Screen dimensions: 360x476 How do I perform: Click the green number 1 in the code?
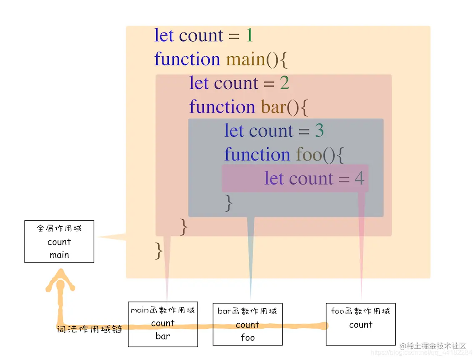point(249,35)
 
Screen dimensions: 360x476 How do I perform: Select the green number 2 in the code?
point(284,83)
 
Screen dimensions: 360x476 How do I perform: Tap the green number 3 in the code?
point(319,131)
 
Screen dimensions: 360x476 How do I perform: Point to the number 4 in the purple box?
point(359,179)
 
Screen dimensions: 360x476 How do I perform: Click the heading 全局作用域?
point(59,228)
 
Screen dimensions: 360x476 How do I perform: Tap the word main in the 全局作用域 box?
point(59,255)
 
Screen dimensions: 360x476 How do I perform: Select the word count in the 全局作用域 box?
point(59,242)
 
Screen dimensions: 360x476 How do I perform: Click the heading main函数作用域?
point(163,310)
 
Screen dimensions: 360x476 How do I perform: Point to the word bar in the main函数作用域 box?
point(163,336)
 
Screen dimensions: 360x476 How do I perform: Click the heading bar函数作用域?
point(247,311)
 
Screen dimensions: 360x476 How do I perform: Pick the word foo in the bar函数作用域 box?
point(247,337)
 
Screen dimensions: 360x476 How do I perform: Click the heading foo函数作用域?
point(361,311)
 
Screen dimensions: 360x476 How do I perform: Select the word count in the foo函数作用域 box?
point(361,325)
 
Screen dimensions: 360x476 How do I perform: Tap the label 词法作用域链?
point(89,330)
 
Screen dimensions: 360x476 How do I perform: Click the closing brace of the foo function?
point(228,203)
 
